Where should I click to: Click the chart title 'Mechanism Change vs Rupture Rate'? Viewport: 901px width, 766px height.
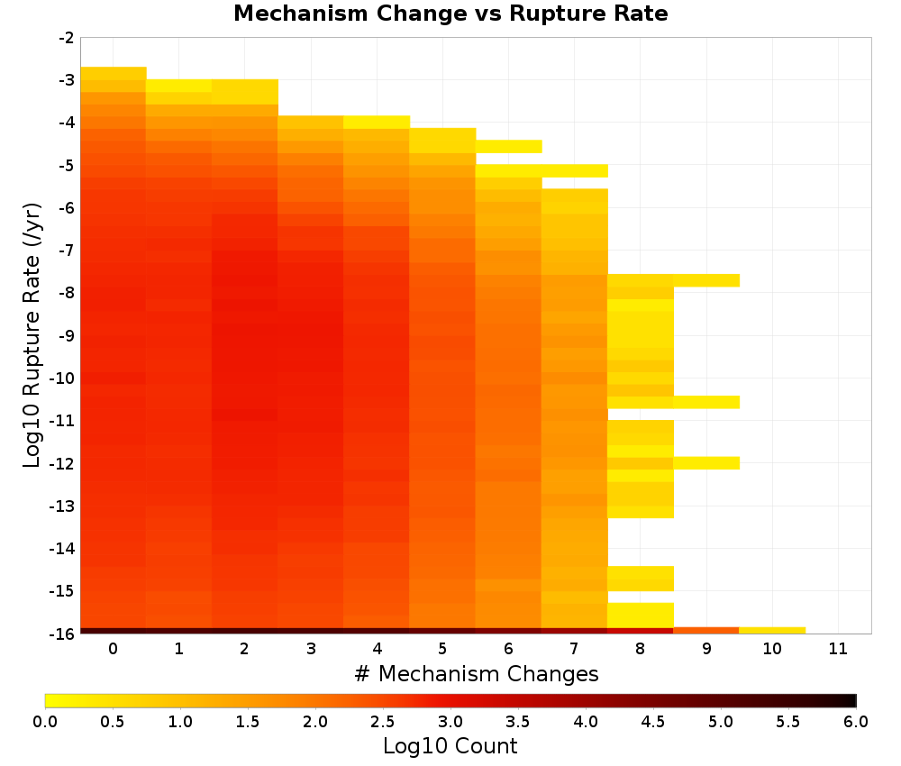click(x=450, y=14)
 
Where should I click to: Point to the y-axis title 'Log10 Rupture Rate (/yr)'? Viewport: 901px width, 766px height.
click(x=32, y=335)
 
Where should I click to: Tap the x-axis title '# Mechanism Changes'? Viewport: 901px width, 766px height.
click(x=477, y=673)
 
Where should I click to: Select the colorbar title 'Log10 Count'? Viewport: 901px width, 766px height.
click(x=450, y=746)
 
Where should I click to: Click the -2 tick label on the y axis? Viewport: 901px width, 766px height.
click(x=67, y=38)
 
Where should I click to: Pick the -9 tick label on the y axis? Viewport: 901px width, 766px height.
click(x=67, y=335)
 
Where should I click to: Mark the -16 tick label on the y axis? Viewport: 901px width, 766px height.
click(x=63, y=634)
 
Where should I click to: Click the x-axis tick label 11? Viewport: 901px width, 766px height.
click(x=838, y=649)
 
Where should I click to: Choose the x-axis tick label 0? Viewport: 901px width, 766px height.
click(x=114, y=649)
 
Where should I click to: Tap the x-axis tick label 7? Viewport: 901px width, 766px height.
click(x=574, y=649)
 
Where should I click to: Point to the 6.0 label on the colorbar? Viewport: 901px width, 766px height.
click(x=856, y=722)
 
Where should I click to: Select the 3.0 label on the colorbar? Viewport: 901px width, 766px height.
click(x=450, y=722)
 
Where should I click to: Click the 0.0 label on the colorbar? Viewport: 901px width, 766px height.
click(x=45, y=722)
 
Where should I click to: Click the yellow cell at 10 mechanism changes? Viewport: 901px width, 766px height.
click(x=772, y=631)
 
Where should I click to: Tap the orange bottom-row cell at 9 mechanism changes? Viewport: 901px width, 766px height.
click(x=706, y=631)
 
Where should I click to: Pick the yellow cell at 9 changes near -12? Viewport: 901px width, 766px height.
click(x=706, y=462)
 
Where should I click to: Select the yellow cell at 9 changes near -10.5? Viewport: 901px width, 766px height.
click(x=706, y=402)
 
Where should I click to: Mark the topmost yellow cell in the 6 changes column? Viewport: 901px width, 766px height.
click(x=508, y=147)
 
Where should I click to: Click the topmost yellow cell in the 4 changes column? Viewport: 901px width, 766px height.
click(x=377, y=122)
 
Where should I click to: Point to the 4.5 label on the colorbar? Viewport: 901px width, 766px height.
click(x=652, y=722)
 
